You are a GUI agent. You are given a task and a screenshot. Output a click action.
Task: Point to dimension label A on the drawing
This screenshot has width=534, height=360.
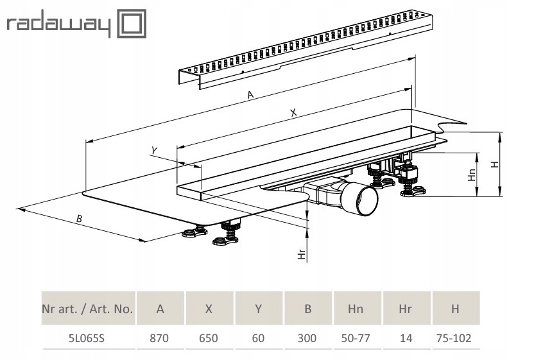point(251,95)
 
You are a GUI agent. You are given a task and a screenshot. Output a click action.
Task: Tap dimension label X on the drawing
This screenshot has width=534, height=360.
point(293,112)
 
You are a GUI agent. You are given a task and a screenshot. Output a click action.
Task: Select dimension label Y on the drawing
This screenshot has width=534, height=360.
point(153,150)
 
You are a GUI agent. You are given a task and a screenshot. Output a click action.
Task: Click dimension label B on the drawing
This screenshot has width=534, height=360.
point(79,219)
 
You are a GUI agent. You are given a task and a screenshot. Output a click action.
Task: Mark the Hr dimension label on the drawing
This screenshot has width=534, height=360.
point(302,254)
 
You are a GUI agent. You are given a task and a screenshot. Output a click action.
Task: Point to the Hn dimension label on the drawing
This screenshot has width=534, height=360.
point(472,175)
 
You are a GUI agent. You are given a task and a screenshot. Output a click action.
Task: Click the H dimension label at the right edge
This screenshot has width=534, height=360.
point(494,164)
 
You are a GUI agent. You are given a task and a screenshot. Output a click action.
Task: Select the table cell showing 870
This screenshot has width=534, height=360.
point(159,338)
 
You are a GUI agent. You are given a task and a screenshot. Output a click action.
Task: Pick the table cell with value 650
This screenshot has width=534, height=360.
point(209,338)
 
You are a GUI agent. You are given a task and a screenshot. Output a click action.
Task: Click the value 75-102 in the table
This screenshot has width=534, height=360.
point(455,338)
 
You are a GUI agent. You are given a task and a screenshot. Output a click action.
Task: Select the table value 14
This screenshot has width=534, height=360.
point(406,338)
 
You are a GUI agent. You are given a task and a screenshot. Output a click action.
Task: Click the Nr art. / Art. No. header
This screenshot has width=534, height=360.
point(87,309)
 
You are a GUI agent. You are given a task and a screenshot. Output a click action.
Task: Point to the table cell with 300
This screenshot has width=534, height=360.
point(307,338)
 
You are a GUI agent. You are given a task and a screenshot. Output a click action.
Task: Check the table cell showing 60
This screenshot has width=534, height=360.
point(258,338)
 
